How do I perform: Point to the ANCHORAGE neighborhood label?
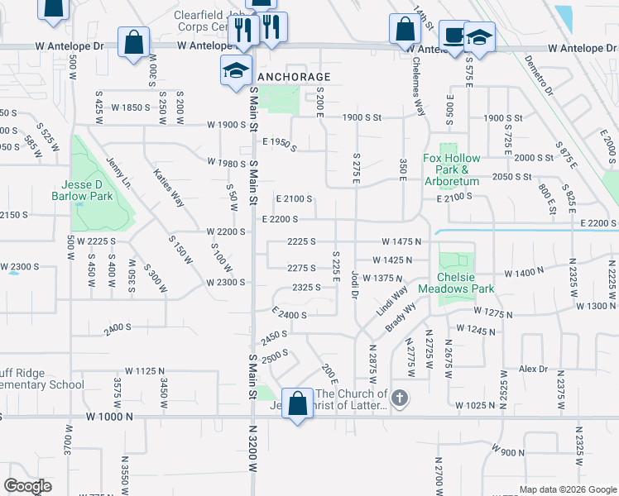point(295,77)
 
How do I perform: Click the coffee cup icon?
point(453,36)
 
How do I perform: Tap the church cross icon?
point(400,399)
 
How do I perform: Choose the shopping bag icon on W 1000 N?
point(297,404)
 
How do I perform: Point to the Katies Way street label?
point(168,188)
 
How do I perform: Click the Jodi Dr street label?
point(354,284)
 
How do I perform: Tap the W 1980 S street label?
point(227,163)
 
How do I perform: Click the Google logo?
point(26,486)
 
